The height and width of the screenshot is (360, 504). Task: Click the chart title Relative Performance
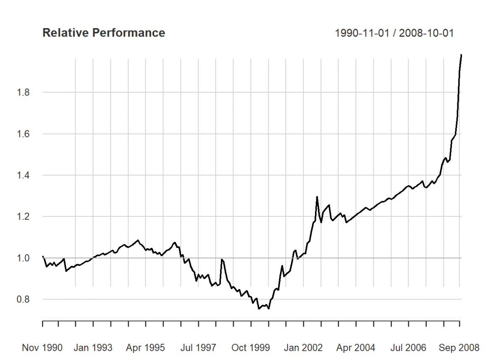pyautogui.click(x=104, y=33)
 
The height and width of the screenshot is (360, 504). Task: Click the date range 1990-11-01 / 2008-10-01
pyautogui.click(x=394, y=33)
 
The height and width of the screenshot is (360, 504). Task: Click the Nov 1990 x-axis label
pyautogui.click(x=42, y=348)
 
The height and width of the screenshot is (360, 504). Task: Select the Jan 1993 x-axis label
pyautogui.click(x=93, y=348)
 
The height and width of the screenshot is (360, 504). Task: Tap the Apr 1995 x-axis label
pyautogui.click(x=145, y=348)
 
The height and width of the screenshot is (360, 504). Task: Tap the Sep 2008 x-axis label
pyautogui.click(x=459, y=348)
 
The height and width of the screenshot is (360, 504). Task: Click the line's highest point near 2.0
pyautogui.click(x=461, y=55)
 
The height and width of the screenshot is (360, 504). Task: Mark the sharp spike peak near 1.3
pyautogui.click(x=317, y=197)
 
